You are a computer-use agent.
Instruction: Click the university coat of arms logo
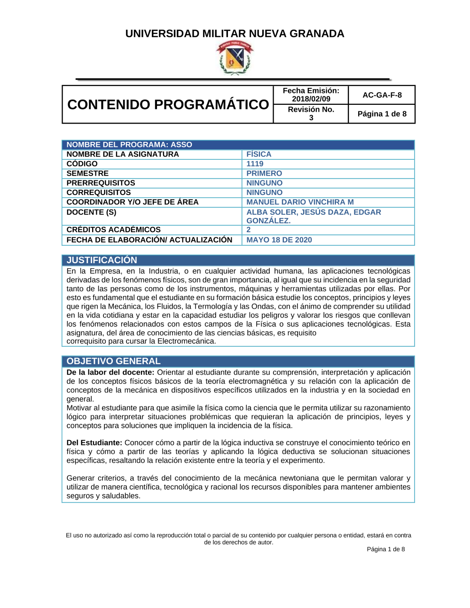point(235,57)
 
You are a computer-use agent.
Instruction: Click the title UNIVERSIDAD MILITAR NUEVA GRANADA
point(235,34)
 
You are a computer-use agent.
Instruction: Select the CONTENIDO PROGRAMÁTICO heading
point(168,104)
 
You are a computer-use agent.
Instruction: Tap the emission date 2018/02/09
point(311,99)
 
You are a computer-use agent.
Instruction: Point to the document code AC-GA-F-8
point(382,95)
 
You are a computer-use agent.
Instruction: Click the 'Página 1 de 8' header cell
point(382,114)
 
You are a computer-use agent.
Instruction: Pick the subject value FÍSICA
point(258,154)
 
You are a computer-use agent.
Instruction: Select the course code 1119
point(255,164)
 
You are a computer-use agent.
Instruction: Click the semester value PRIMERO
point(264,173)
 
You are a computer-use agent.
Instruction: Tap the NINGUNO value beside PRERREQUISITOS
point(264,183)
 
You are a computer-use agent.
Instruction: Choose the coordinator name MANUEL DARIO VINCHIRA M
point(300,202)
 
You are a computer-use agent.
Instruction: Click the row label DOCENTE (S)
point(91,212)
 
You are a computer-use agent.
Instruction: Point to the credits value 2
point(249,229)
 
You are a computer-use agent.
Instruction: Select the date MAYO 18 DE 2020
point(279,240)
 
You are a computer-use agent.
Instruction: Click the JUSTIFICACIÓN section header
point(102,260)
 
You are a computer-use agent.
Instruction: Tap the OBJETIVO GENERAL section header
point(113,361)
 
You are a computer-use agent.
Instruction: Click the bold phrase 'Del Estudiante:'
point(94,443)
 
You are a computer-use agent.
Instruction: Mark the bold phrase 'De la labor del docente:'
point(110,372)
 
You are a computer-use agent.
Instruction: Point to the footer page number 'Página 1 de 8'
point(385,549)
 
